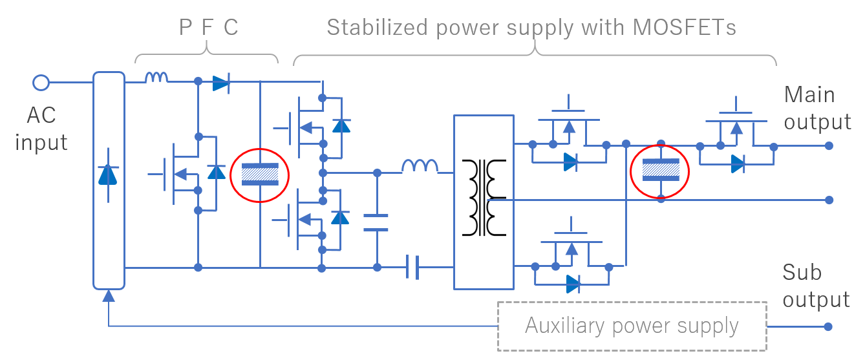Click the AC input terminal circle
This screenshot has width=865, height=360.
pyautogui.click(x=41, y=83)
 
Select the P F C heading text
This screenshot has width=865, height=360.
pyautogui.click(x=208, y=27)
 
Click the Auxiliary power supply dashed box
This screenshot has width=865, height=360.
pyautogui.click(x=632, y=326)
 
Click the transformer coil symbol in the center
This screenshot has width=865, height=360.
pyautogui.click(x=484, y=198)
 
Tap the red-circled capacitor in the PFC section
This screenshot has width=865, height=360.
pyautogui.click(x=260, y=174)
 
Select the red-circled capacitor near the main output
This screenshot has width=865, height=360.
pyautogui.click(x=661, y=169)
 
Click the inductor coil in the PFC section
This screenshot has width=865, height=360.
pyautogui.click(x=156, y=78)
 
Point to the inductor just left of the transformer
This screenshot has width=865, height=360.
pyautogui.click(x=420, y=167)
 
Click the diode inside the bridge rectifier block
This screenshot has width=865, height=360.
pyautogui.click(x=108, y=175)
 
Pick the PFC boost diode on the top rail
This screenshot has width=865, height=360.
pyautogui.click(x=221, y=83)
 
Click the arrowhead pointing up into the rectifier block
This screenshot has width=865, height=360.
pyautogui.click(x=109, y=296)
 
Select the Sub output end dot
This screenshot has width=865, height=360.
pyautogui.click(x=829, y=326)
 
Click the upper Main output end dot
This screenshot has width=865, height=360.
pyautogui.click(x=829, y=145)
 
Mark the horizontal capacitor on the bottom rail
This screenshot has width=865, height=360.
pyautogui.click(x=413, y=267)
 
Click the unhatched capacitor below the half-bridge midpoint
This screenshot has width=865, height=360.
pyautogui.click(x=376, y=222)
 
